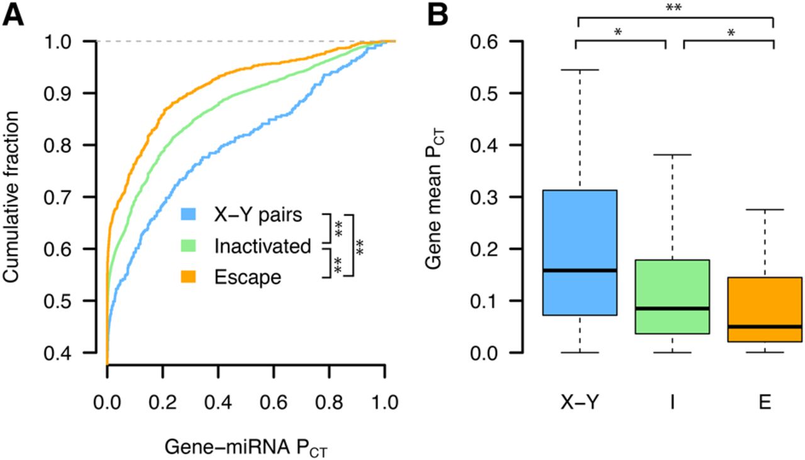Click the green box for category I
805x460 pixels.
click(672, 296)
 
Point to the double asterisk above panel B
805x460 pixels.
click(675, 8)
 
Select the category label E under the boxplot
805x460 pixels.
click(764, 403)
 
